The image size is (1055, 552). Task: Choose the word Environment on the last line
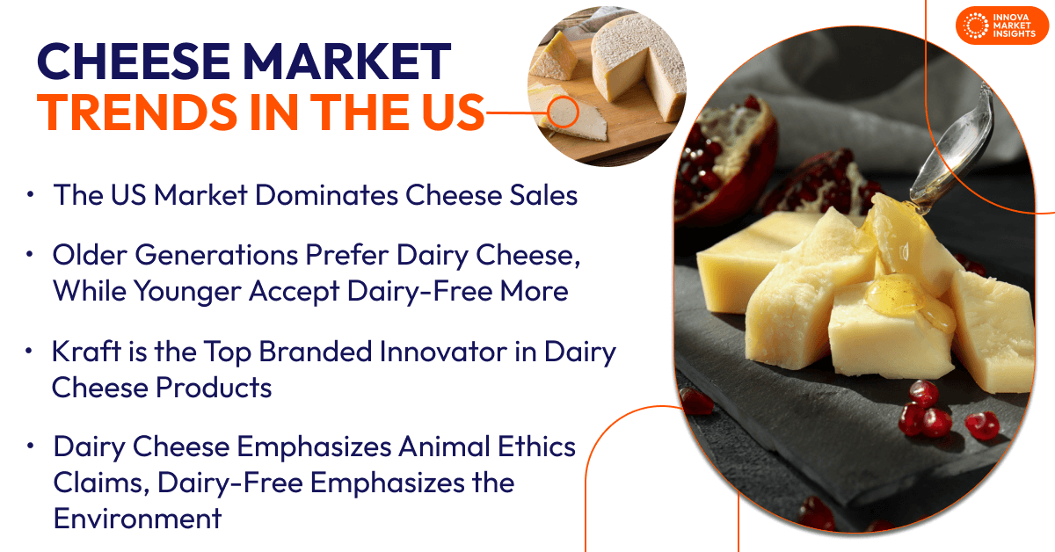(138, 518)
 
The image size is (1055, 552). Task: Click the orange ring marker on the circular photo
(564, 112)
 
